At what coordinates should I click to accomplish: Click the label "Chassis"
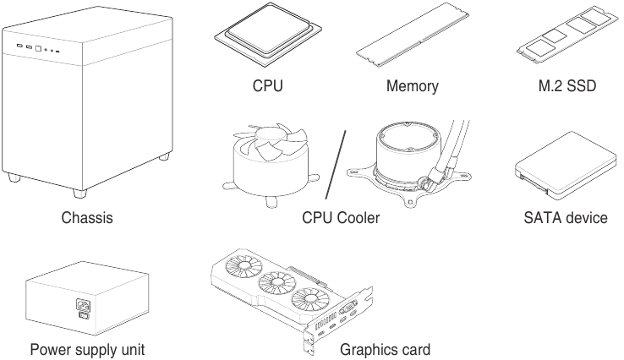tap(87, 219)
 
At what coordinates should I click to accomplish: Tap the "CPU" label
tap(267, 86)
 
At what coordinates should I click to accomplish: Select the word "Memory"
tap(412, 86)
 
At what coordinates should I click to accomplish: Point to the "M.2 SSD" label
tap(561, 86)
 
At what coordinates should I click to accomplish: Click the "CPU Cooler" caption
tap(341, 219)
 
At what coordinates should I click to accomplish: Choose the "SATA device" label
tap(565, 219)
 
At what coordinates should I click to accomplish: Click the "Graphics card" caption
tap(385, 349)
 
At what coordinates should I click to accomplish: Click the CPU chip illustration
tap(266, 38)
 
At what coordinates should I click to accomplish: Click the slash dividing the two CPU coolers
tap(336, 161)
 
